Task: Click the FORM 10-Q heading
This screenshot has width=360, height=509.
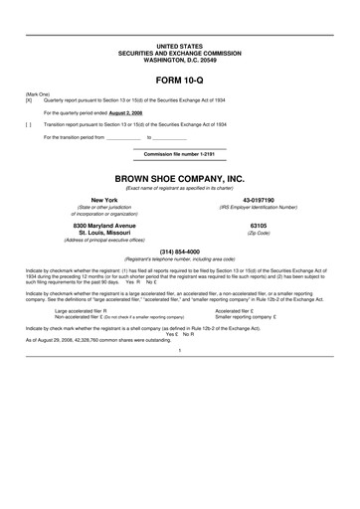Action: click(x=179, y=78)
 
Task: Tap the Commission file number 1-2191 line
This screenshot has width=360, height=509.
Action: click(x=179, y=155)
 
